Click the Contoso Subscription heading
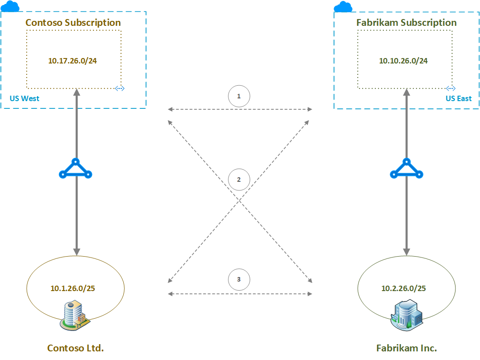pos(73,23)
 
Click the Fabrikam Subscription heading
pos(407,23)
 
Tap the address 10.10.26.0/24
pos(403,60)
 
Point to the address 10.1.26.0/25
pos(73,288)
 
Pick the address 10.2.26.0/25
pos(403,287)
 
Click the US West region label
pos(24,98)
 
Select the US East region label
pos(458,98)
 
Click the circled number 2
pos(239,179)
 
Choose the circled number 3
pos(239,279)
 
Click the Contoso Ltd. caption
pos(76,348)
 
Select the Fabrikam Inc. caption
pos(407,348)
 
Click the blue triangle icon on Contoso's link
pos(76,169)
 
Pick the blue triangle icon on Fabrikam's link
pos(407,169)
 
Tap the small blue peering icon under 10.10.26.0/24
pos(450,88)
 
